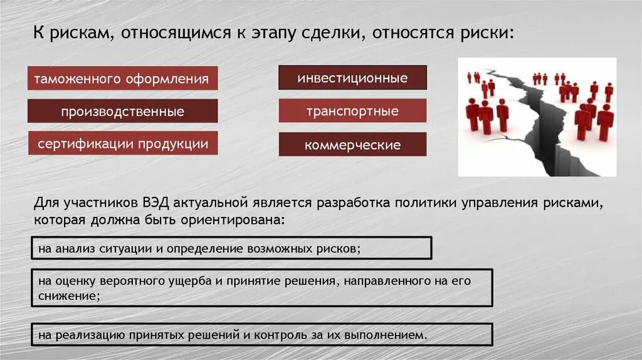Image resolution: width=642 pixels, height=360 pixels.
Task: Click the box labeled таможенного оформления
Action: click(x=122, y=79)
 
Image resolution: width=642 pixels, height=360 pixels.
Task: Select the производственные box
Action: click(x=122, y=112)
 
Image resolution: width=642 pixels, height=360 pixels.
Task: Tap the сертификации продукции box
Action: click(x=122, y=144)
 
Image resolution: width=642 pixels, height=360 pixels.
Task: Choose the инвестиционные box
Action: click(x=352, y=78)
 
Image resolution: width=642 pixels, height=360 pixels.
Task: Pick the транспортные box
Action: click(x=352, y=111)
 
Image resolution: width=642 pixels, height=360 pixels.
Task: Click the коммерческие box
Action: click(x=352, y=145)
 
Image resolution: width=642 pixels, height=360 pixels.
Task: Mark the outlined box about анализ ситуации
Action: click(x=231, y=248)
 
